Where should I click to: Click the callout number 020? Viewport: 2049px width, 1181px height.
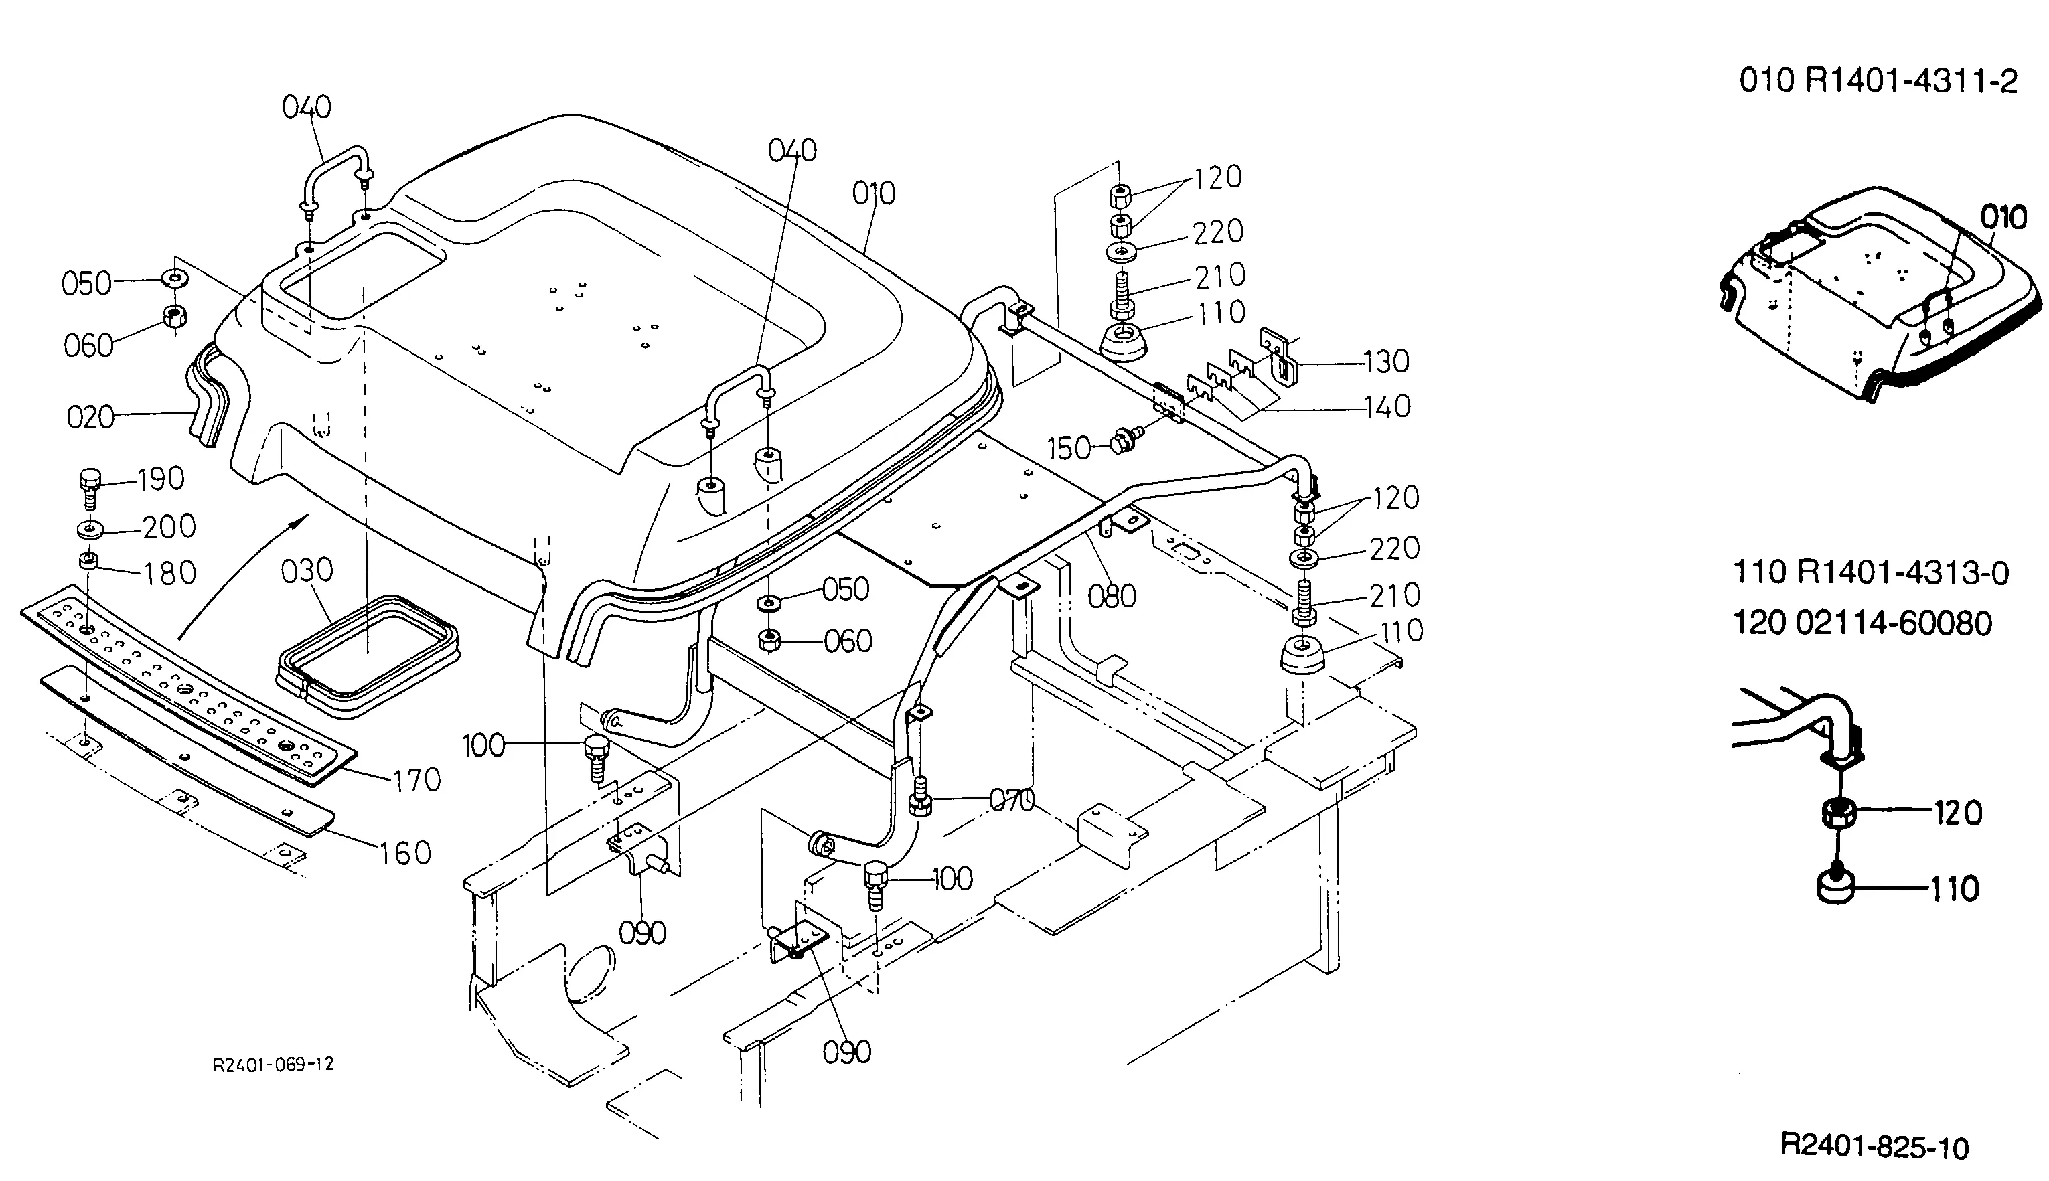click(90, 418)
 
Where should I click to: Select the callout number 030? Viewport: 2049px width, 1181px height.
click(307, 571)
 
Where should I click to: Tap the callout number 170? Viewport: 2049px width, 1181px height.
click(416, 781)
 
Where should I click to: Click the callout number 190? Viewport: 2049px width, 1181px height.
click(161, 479)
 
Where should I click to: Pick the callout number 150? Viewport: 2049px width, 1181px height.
click(1069, 448)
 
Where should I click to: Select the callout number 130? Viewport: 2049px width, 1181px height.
click(1386, 362)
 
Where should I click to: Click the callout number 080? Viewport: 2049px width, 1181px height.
click(1112, 597)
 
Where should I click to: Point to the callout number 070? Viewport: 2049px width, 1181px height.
click(1012, 801)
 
